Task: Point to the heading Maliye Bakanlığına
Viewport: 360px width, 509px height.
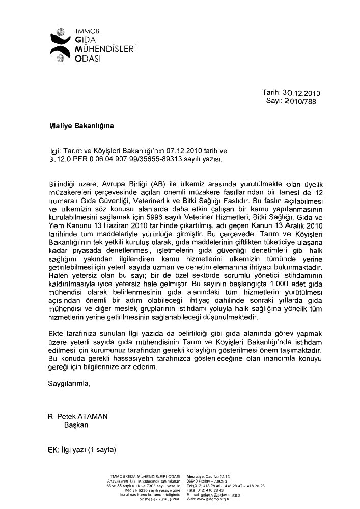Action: tap(78, 125)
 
